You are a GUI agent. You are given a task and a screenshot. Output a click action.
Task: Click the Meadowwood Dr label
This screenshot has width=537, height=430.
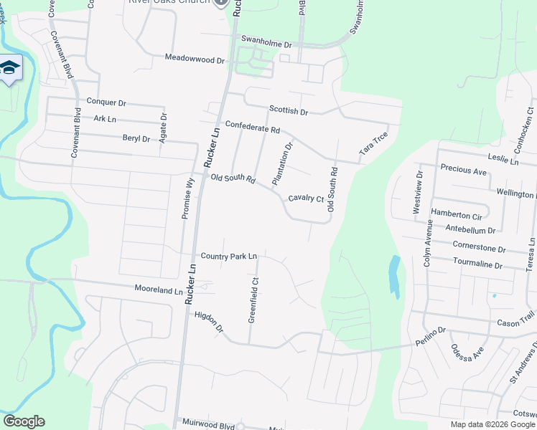tap(195, 57)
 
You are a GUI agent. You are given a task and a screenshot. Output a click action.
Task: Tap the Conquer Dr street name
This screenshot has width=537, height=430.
tap(106, 102)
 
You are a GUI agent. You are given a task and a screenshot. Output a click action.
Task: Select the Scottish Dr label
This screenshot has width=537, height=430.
tap(288, 112)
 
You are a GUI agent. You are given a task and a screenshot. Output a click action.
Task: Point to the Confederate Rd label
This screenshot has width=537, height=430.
tap(252, 127)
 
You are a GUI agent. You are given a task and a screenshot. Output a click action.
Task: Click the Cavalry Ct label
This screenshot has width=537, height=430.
tap(306, 199)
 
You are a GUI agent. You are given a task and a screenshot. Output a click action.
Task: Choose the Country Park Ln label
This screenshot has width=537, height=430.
tap(228, 256)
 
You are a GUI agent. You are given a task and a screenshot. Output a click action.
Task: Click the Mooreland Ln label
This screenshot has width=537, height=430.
tap(159, 290)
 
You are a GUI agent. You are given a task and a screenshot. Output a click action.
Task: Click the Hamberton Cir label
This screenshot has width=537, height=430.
tap(456, 215)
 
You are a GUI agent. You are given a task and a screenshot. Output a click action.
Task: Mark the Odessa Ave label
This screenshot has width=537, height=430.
tap(467, 353)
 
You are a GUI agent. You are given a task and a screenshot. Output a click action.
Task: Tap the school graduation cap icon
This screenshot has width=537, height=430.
tap(10, 68)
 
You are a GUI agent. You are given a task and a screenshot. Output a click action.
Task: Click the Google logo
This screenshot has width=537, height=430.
tap(24, 421)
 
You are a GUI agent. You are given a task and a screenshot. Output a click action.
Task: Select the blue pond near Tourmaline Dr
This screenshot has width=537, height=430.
tap(394, 276)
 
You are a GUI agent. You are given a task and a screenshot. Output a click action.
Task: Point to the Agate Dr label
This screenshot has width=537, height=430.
tap(164, 127)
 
